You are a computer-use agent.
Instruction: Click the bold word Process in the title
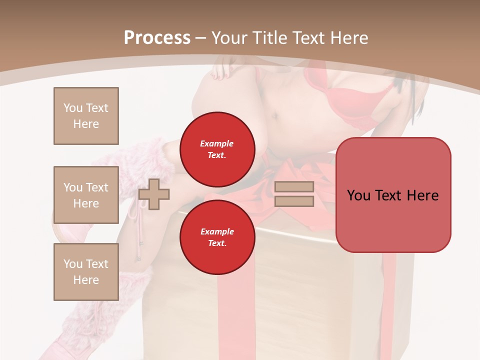click(157, 37)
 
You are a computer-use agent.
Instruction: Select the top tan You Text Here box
click(86, 116)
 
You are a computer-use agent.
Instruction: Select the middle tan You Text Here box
click(86, 195)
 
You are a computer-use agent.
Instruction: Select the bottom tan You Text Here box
click(86, 272)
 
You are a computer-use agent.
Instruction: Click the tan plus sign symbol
click(154, 194)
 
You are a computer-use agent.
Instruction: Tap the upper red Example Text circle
click(217, 149)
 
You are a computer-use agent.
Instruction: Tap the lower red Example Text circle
click(217, 237)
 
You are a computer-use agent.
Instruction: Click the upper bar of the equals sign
click(294, 186)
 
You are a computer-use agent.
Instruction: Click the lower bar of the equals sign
click(294, 201)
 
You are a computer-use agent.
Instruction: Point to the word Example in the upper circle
click(217, 143)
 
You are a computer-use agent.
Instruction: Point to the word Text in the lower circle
click(217, 243)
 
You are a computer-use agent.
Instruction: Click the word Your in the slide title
click(230, 37)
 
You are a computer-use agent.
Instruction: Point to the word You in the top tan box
click(73, 108)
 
